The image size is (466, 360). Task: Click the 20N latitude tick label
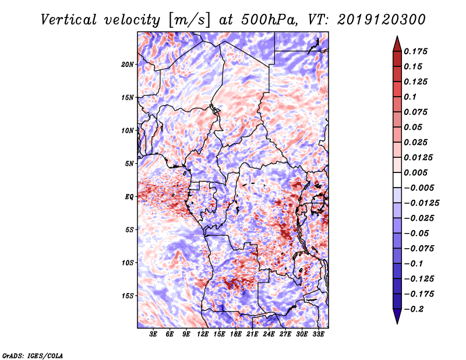(x=128, y=64)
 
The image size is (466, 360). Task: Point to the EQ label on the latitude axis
(x=129, y=196)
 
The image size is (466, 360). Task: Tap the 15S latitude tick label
(x=128, y=295)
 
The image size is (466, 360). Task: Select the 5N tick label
(x=129, y=163)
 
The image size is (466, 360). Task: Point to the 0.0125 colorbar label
(x=419, y=157)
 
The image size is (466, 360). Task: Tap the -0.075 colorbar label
(x=421, y=248)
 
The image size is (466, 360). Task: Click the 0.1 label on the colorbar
(x=411, y=97)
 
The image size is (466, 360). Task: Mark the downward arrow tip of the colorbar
(x=397, y=322)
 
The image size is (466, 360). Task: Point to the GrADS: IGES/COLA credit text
(x=32, y=354)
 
